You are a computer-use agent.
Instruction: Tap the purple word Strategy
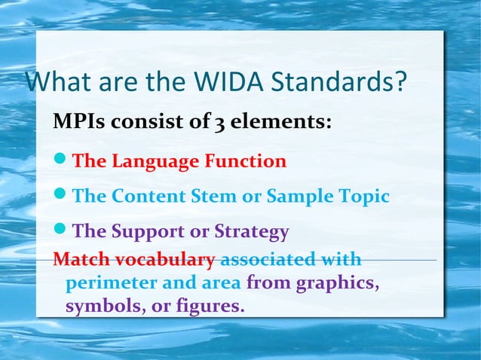pos(252,231)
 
